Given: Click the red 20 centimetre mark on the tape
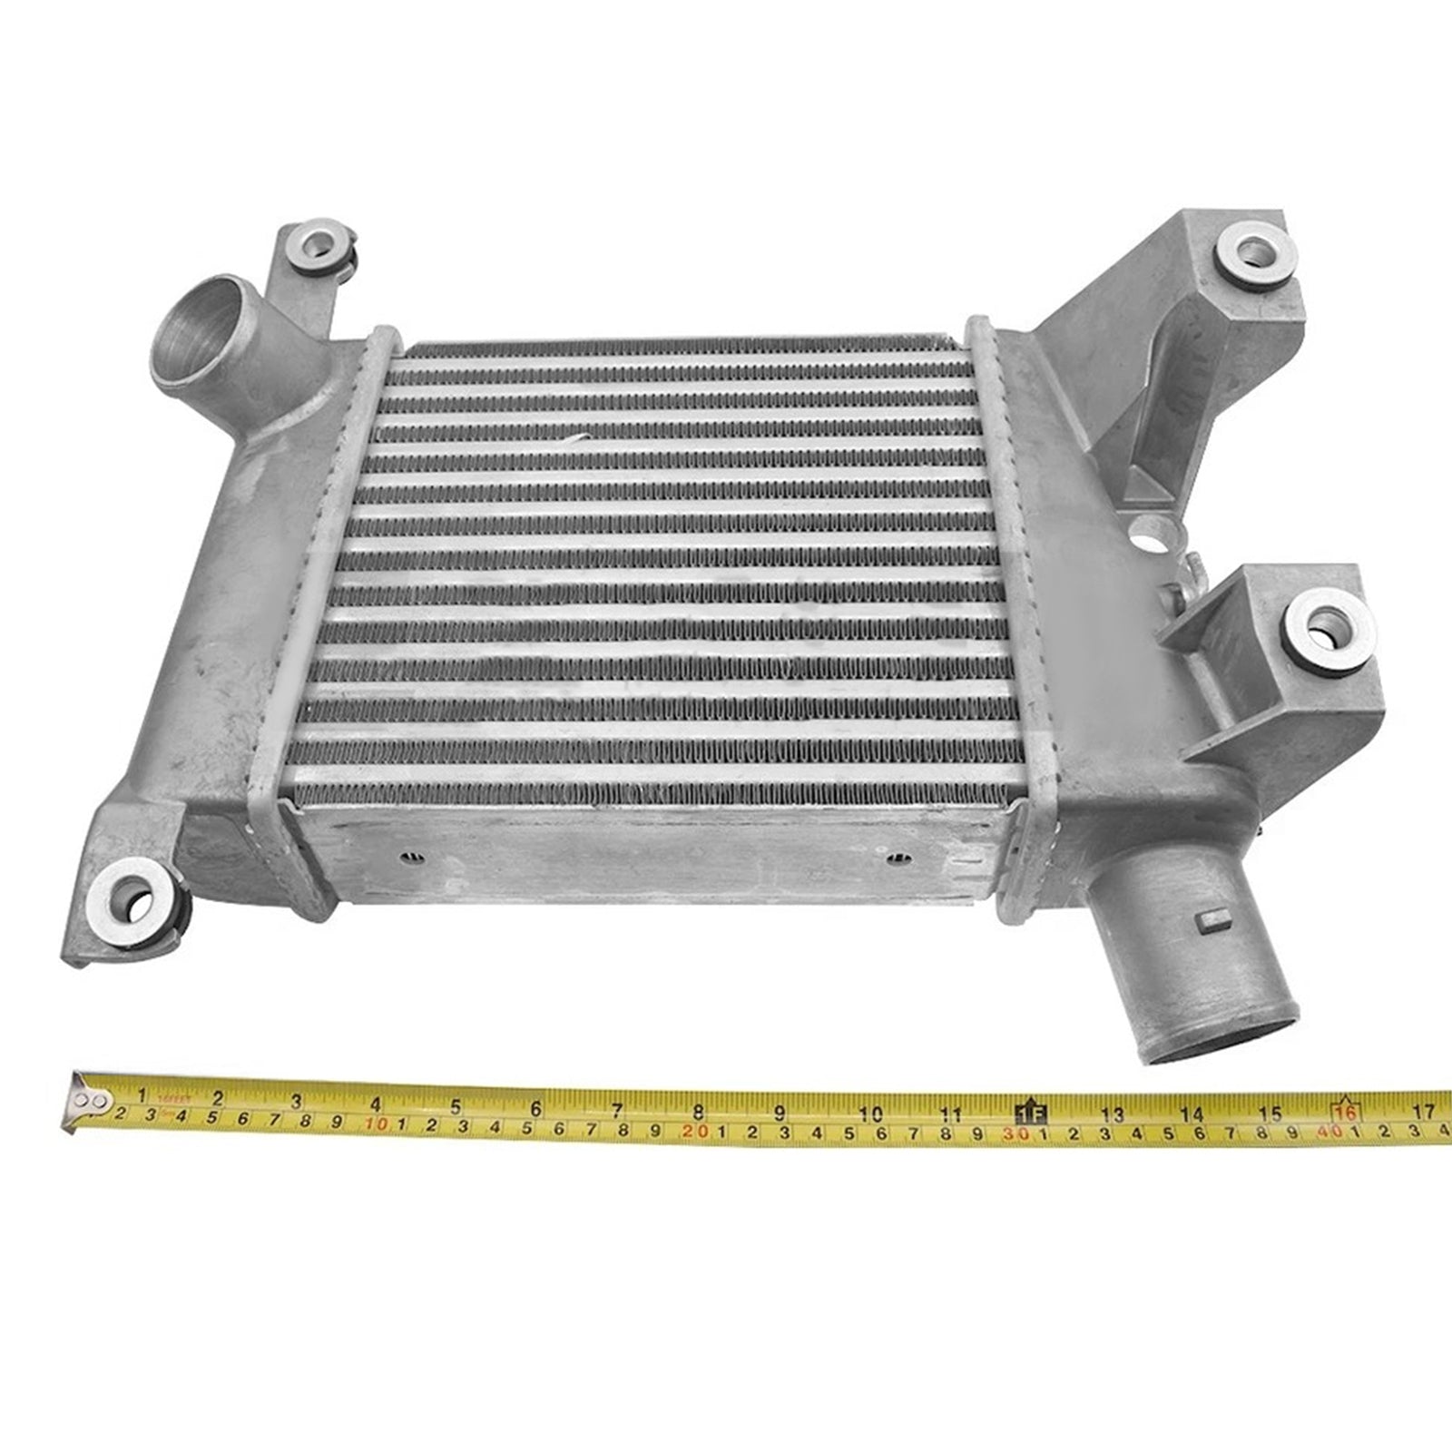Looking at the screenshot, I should [x=697, y=1131].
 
